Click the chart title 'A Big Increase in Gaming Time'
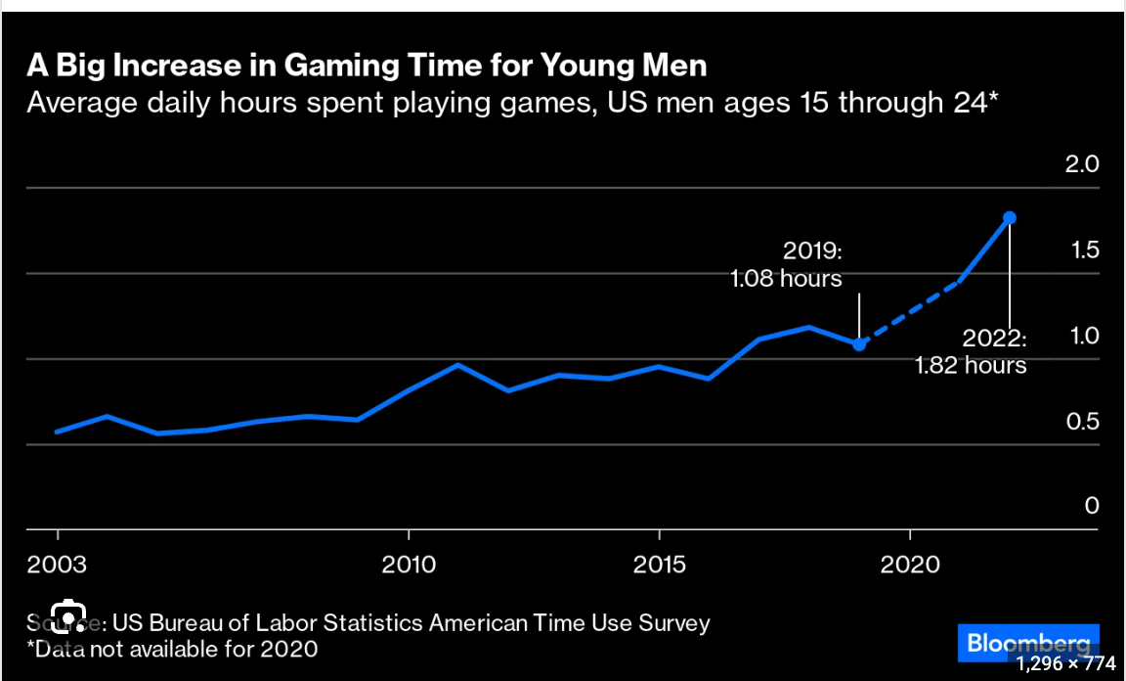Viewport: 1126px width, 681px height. point(367,67)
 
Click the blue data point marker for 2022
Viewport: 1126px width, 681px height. point(1010,217)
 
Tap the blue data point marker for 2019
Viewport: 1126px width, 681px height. point(858,343)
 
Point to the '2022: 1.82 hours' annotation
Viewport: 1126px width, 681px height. point(972,352)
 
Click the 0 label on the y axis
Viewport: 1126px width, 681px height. point(1092,506)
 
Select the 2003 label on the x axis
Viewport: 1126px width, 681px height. point(58,566)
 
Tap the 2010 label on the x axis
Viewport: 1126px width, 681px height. point(408,566)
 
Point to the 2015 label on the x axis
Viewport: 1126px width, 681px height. point(660,566)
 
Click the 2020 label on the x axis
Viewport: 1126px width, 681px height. point(911,566)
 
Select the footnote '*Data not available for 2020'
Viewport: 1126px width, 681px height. point(172,648)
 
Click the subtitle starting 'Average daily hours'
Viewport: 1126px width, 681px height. point(511,102)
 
